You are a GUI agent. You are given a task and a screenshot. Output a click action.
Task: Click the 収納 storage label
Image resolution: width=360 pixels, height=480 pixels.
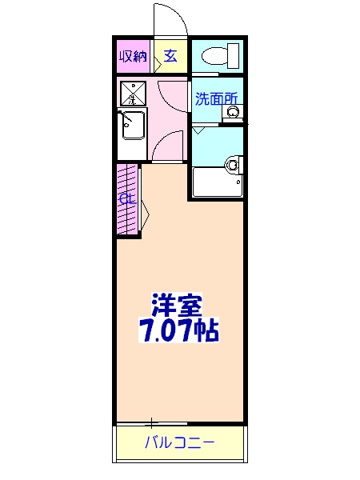pos(134,56)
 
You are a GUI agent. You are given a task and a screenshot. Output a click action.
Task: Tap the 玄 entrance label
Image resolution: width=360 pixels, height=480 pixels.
pos(170,56)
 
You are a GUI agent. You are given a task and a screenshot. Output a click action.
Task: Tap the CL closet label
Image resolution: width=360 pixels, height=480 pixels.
pos(126,199)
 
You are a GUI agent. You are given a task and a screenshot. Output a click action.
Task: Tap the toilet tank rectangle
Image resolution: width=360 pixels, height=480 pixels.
pos(234,55)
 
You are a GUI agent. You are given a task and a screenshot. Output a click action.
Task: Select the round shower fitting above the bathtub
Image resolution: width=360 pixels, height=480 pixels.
pos(232,166)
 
